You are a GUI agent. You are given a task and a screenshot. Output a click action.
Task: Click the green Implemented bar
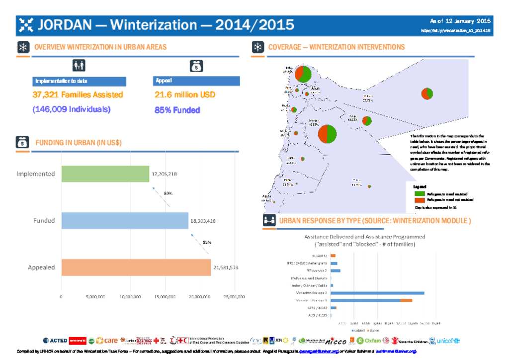[x=105, y=174]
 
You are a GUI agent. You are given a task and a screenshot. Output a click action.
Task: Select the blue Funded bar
[x=124, y=220]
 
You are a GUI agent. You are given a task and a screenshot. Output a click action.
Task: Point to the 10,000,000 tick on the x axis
[x=131, y=297]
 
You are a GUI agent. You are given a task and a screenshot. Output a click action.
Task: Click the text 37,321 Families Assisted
[x=78, y=94]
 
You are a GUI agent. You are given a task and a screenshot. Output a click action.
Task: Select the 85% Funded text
[x=177, y=110]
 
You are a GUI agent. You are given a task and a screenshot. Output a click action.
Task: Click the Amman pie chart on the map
[x=327, y=133]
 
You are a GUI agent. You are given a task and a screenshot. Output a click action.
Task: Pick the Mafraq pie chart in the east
[x=427, y=93]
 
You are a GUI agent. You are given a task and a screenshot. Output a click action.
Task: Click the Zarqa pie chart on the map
[x=367, y=121]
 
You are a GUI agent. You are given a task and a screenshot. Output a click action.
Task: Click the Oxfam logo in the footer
[x=369, y=341]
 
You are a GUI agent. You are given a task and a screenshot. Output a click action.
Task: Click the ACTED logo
[x=55, y=341]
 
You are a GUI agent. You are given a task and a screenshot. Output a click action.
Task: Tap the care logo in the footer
[x=107, y=341]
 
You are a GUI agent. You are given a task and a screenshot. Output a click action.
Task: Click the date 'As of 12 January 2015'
[x=460, y=21]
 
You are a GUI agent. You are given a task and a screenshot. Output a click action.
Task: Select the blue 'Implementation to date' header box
[x=79, y=81]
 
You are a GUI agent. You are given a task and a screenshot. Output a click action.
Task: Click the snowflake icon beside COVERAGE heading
[x=257, y=48]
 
